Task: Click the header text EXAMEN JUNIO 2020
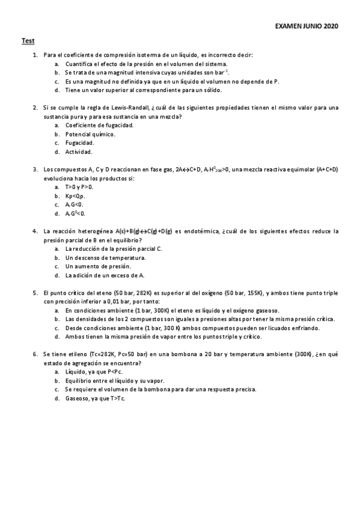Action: [307, 27]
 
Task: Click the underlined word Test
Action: [28, 41]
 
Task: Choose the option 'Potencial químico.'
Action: [90, 134]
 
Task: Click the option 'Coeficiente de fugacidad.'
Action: [99, 125]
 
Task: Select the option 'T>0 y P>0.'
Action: [79, 187]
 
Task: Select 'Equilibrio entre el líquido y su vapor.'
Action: [114, 381]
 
